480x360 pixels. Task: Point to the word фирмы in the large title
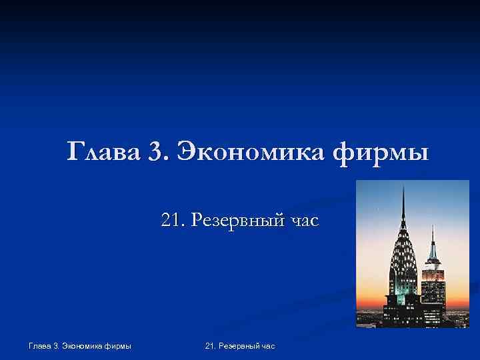[381, 153]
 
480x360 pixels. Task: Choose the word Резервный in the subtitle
[237, 219]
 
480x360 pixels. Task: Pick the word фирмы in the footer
[118, 346]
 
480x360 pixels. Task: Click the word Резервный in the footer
[238, 346]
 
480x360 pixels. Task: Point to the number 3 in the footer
[53, 346]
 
